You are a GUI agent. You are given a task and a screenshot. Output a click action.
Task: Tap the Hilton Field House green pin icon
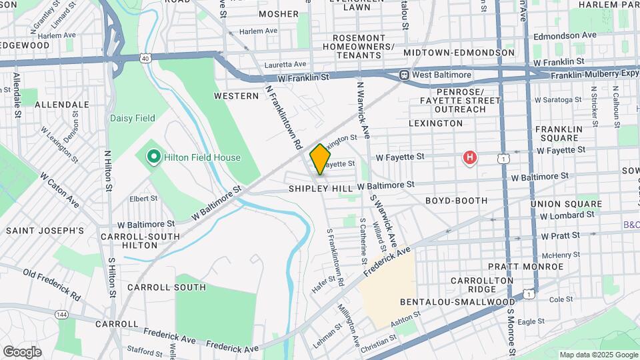point(153,157)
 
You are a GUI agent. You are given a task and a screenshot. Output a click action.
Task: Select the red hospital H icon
point(470,158)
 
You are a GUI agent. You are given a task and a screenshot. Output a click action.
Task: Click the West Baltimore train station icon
point(404,75)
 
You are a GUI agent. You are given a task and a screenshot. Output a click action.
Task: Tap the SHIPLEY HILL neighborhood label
point(320,189)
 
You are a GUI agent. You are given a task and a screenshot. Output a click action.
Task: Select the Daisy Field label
point(132,119)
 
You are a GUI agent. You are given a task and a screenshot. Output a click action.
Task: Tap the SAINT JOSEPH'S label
point(45,231)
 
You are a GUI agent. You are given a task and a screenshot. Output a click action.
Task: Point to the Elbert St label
point(143,198)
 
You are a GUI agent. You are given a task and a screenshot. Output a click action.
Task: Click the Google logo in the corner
point(22,351)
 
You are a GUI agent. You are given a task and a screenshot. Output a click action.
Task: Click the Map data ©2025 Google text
point(598,355)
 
